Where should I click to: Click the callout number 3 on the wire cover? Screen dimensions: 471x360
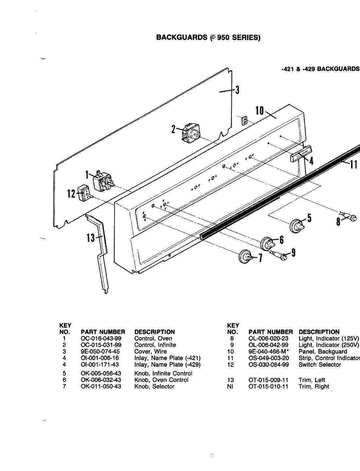point(237,90)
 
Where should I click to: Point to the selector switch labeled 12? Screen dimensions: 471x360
point(84,193)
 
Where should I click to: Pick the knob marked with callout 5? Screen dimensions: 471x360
point(297,225)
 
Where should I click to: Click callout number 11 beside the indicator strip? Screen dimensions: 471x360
point(353,165)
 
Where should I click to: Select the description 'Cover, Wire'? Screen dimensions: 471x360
point(150,352)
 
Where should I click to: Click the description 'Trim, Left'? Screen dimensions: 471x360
point(312,380)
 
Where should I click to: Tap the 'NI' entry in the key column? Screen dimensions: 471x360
point(231,387)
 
